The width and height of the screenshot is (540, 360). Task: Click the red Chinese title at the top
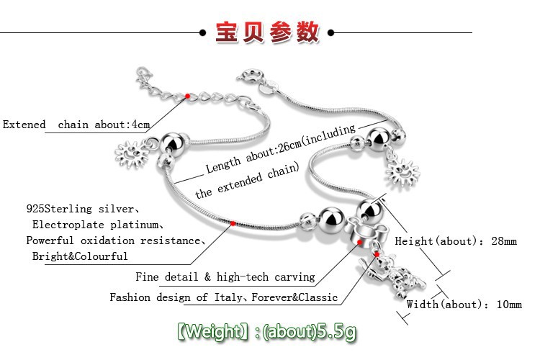tap(267, 32)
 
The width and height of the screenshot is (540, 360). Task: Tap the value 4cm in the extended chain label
tap(139, 125)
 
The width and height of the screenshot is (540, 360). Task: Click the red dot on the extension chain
tap(187, 96)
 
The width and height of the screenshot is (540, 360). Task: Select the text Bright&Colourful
tap(80, 256)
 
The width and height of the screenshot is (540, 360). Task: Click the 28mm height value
tap(501, 241)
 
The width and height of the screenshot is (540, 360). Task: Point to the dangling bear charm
tap(392, 281)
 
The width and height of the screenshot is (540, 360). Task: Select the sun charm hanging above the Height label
tap(402, 173)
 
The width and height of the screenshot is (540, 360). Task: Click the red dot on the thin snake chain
tap(233, 224)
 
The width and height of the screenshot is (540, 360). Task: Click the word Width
tap(422, 305)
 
